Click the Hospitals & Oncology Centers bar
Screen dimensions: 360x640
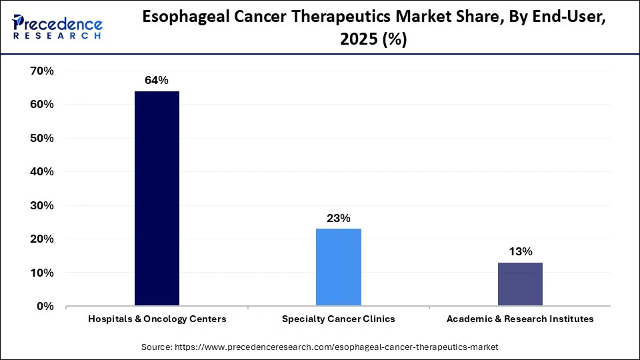pyautogui.click(x=157, y=199)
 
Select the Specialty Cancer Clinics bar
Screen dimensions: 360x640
pyautogui.click(x=338, y=267)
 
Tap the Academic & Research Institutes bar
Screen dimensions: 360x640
pyautogui.click(x=520, y=284)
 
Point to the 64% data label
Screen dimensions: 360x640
pyautogui.click(x=157, y=81)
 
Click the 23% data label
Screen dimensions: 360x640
pyautogui.click(x=338, y=218)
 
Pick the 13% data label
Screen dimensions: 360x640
pyautogui.click(x=520, y=251)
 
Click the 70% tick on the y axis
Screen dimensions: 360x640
pyautogui.click(x=41, y=71)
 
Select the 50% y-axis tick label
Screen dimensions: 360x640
pyautogui.click(x=41, y=138)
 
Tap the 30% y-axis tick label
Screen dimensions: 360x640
pyautogui.click(x=41, y=205)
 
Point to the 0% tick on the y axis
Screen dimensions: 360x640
pyautogui.click(x=45, y=306)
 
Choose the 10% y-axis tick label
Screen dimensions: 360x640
pyautogui.click(x=41, y=273)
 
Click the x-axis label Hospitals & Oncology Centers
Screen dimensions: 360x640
pyautogui.click(x=157, y=319)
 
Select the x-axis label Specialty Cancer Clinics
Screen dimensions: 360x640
pyautogui.click(x=338, y=319)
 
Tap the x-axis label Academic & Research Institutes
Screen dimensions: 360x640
pyautogui.click(x=520, y=319)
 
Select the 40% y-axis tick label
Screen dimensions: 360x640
pyautogui.click(x=41, y=171)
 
